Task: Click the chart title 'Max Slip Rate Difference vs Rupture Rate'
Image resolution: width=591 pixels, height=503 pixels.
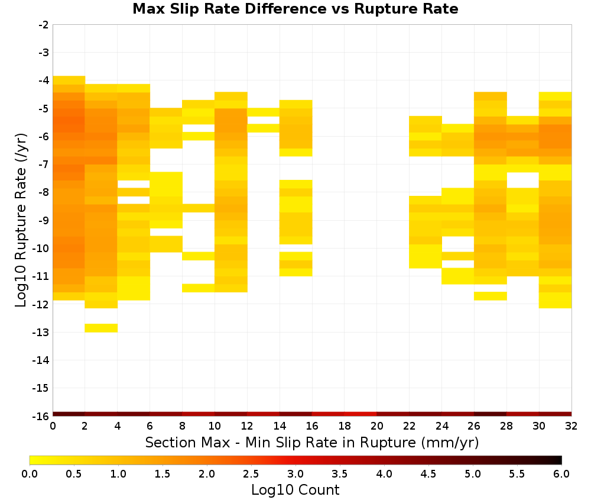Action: coord(295,9)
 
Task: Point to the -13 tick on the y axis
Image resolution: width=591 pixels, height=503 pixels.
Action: coord(44,333)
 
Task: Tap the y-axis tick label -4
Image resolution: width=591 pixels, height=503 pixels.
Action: coord(44,80)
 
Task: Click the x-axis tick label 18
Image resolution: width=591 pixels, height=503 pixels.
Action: coord(345,426)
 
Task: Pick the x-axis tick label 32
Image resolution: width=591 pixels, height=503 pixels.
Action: coord(571,426)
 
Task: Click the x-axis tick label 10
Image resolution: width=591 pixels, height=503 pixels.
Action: coord(215,426)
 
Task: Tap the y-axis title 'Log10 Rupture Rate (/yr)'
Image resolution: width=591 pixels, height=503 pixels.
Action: coord(21,220)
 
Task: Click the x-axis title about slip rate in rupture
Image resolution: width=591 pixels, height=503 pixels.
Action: coord(312,442)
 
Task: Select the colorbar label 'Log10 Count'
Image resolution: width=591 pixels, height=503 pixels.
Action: coord(295,490)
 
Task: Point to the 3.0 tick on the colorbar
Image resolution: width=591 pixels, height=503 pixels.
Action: coord(295,474)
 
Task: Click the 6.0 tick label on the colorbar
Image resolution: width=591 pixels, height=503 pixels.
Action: coord(561,474)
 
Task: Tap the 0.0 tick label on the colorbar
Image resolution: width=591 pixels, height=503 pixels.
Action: coord(30,474)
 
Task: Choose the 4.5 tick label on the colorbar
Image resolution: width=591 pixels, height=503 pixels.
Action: coord(428,474)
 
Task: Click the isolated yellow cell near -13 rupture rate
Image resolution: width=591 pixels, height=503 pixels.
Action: coord(101,328)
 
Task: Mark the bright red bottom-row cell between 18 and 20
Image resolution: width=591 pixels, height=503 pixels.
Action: coord(361,414)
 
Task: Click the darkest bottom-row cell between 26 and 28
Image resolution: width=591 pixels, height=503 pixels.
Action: coord(490,414)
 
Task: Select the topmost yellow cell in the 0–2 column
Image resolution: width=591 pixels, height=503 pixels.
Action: coord(69,80)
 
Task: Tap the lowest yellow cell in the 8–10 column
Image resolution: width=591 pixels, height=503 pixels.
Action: coord(198,288)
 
